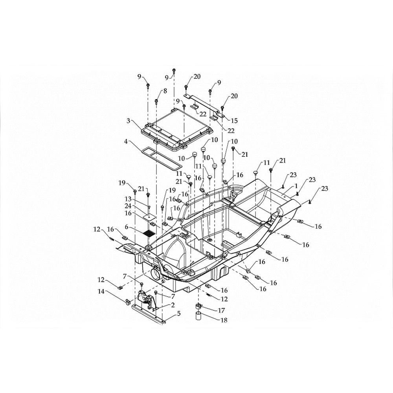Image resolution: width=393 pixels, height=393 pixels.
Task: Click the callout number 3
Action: point(128,121)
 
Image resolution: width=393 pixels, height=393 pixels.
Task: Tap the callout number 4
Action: point(126,141)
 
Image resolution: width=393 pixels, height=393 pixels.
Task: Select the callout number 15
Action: point(234,121)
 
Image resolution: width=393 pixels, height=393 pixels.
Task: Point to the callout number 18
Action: point(224,320)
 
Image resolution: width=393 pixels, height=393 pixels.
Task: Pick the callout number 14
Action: point(101,292)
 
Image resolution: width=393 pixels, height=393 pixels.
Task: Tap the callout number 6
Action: point(127,227)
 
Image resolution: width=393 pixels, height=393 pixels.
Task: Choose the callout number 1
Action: point(296,186)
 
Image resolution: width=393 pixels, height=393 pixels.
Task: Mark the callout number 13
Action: point(128,199)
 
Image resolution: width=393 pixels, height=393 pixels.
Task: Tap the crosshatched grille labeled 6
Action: point(149,233)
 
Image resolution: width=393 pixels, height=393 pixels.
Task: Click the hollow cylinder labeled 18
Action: point(198,316)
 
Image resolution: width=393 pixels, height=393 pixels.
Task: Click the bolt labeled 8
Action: point(156,101)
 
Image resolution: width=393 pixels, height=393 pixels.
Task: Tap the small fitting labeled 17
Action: point(198,306)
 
